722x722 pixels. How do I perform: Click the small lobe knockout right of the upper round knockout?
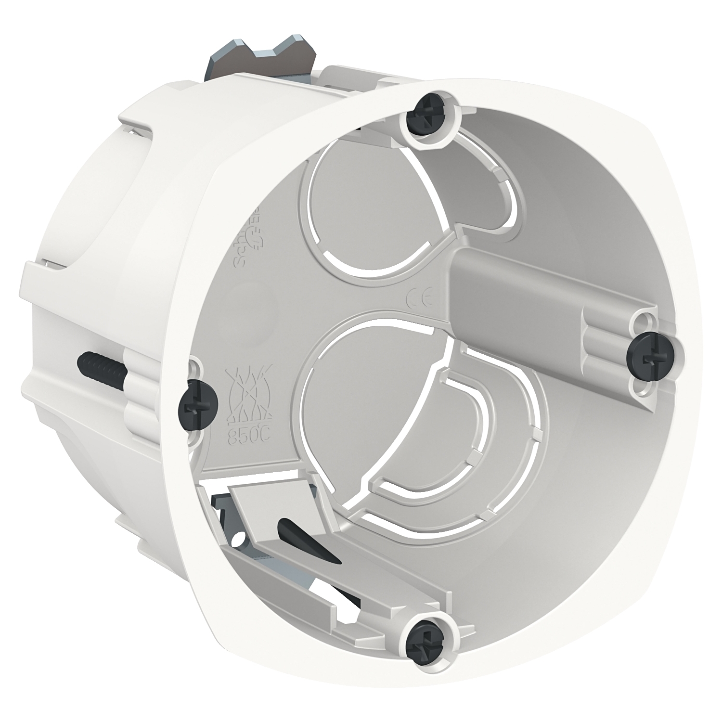click(x=481, y=193)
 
